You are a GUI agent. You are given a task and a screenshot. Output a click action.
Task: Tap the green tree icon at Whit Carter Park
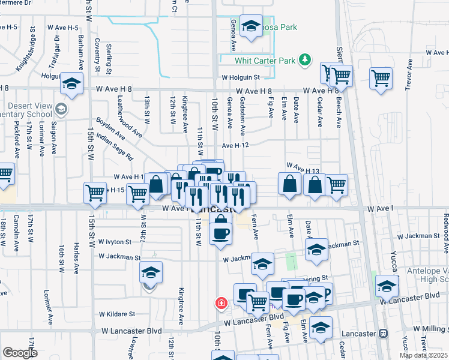point(306,58)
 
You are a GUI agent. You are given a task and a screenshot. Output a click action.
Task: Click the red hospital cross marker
point(221,302)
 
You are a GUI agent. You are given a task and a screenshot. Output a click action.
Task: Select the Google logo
point(20,353)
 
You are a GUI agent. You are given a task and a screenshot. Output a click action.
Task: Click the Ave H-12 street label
point(235,145)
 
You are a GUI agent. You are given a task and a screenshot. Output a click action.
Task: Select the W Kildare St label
point(118,314)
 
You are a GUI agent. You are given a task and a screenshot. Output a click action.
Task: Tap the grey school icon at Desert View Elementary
point(60,109)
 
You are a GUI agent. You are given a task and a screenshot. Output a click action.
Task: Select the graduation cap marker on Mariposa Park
point(251,25)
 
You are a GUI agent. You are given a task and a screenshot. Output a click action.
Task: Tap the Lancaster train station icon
point(382,333)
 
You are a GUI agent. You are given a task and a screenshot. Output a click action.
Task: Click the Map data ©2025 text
point(423,355)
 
